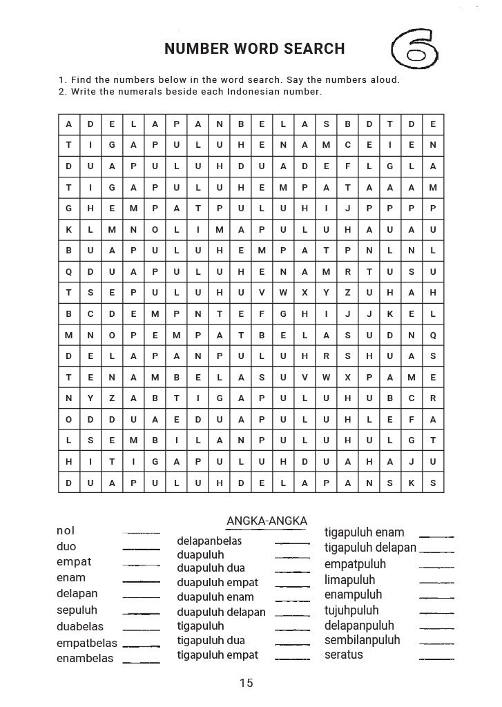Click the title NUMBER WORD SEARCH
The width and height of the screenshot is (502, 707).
(x=254, y=49)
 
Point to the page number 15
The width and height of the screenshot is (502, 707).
(x=247, y=684)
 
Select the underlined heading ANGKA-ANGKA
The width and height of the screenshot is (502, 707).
(x=267, y=521)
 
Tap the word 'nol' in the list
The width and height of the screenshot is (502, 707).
(x=66, y=531)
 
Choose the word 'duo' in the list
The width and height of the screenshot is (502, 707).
(x=66, y=547)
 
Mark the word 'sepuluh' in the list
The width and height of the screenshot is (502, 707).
(x=77, y=610)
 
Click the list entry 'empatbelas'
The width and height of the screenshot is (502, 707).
(x=87, y=643)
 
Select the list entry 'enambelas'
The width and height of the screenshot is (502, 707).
(x=85, y=659)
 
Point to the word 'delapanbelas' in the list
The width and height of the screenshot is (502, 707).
(x=209, y=541)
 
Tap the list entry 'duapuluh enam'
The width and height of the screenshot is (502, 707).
(x=215, y=597)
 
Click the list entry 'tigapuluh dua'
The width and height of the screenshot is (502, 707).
(x=211, y=641)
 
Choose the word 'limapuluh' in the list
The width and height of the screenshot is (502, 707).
(x=350, y=580)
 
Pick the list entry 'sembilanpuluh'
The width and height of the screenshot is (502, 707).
(x=363, y=640)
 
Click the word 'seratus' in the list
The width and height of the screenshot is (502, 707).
(x=344, y=655)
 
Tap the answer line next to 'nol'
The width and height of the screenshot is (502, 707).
(x=141, y=534)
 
